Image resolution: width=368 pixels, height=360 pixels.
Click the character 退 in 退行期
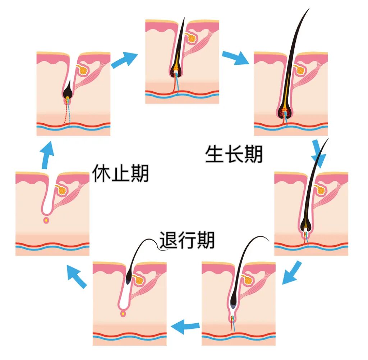pos(169,240)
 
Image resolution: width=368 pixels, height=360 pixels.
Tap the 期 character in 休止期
pos(139,174)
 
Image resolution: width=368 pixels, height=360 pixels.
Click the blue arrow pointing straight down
pos(318,152)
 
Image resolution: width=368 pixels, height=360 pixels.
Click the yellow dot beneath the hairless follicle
pos(46,220)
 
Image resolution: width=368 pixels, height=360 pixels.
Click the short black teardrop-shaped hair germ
pos(67,92)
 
